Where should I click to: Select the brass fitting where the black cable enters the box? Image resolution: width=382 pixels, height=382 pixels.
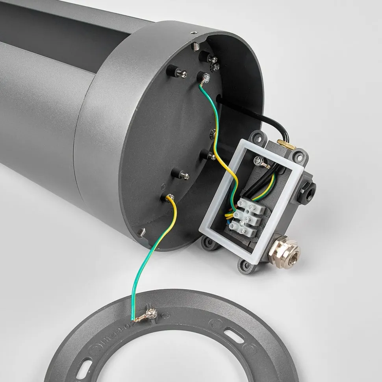click(x=286, y=144)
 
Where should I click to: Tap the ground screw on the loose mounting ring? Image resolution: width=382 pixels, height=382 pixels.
click(x=150, y=314)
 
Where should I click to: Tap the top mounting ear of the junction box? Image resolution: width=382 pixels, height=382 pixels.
click(x=258, y=138)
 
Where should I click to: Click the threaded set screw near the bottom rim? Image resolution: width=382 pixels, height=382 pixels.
click(x=142, y=233)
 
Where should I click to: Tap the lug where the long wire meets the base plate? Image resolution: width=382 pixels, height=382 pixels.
click(x=170, y=197)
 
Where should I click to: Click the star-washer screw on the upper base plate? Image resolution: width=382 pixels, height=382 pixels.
click(x=215, y=67)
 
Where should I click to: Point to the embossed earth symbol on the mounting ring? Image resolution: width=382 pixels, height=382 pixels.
click(x=165, y=315)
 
